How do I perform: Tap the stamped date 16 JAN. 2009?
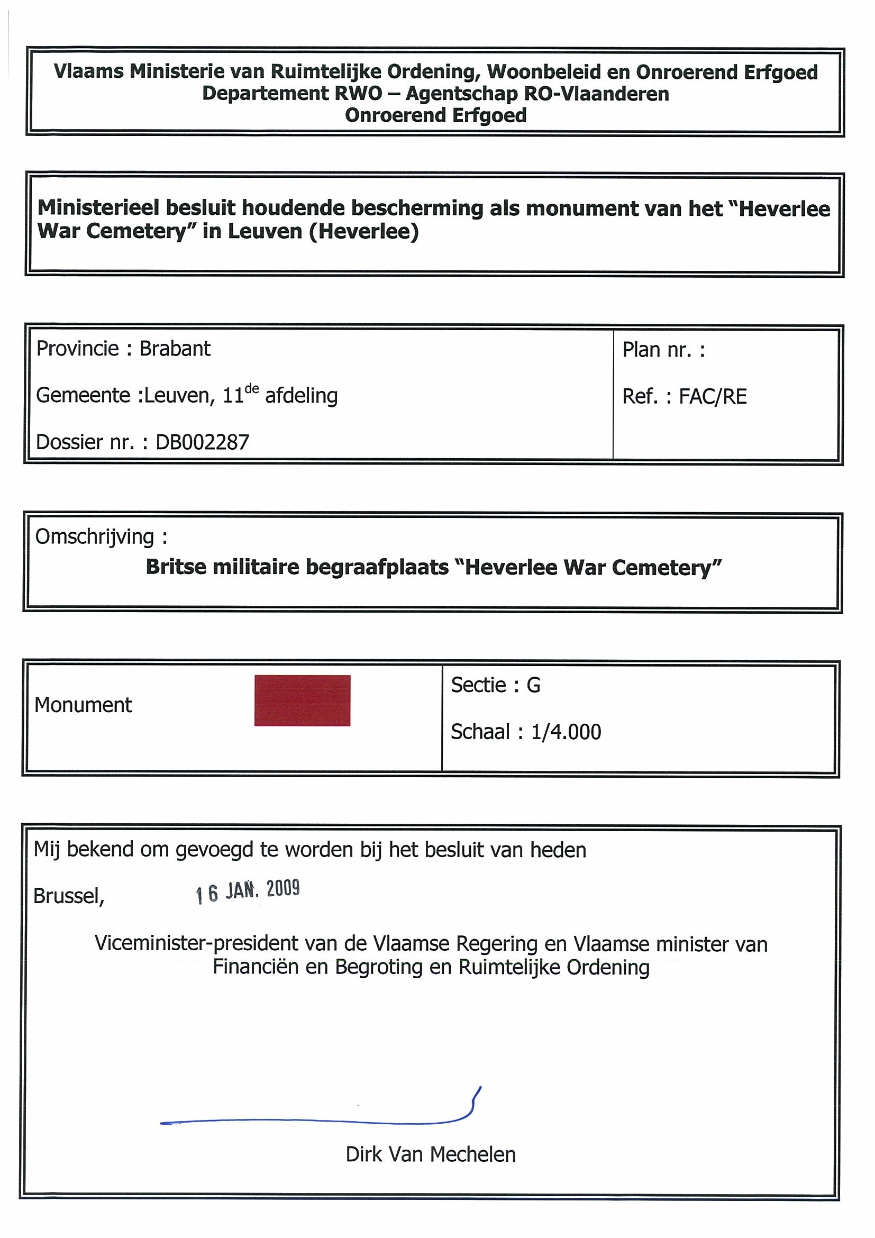point(248,891)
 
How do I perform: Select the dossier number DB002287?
point(202,442)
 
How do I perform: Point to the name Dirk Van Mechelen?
point(430,1154)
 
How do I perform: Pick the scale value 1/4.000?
point(566,732)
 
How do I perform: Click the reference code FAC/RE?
point(712,396)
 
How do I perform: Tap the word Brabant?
point(175,349)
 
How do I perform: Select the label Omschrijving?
point(95,536)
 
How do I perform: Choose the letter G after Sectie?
point(533,685)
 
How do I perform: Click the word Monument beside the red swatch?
point(83,705)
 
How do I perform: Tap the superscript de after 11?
point(252,388)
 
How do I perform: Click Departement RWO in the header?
point(291,93)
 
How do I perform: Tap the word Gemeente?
point(83,396)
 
